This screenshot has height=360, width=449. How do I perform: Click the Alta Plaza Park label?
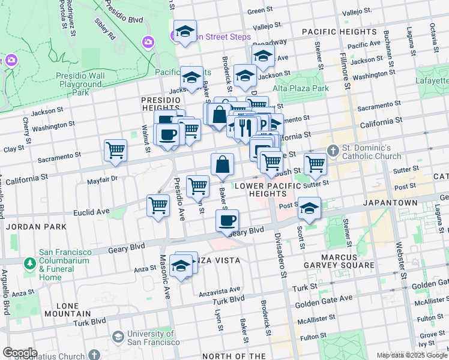(301, 88)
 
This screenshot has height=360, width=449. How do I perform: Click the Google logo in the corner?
(20, 353)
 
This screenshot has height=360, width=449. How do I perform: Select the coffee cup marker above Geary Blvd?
(227, 221)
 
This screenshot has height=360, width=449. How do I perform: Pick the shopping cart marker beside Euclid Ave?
(158, 206)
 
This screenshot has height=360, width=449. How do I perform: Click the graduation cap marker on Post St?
(310, 208)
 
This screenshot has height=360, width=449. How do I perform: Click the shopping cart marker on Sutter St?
(315, 163)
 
